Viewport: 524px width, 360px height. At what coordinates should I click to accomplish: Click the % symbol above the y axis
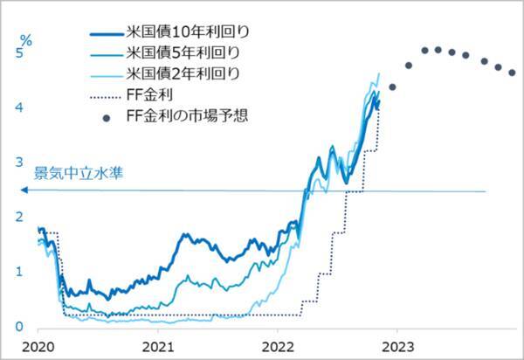point(26,40)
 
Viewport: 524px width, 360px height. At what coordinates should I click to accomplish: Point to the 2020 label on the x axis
point(40,345)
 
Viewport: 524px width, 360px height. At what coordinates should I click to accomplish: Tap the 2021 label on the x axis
point(158,345)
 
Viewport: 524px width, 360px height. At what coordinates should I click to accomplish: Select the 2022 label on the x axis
point(278,345)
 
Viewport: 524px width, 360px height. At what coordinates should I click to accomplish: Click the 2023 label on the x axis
point(397,345)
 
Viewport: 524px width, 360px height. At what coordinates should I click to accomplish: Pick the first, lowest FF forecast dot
point(393,87)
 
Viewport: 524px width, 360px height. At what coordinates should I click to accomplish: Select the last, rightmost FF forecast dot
point(512,73)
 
